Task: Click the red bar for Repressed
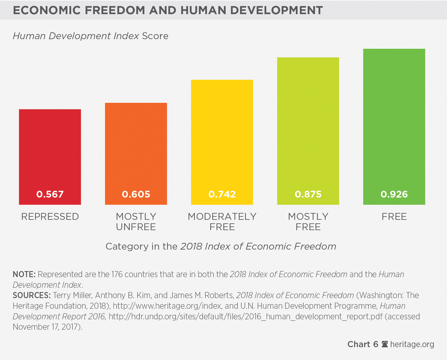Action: click(50, 157)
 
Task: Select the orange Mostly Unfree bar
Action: click(136, 154)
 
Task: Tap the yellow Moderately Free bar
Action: click(222, 142)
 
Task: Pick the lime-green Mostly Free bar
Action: click(308, 131)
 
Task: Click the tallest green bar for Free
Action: click(394, 127)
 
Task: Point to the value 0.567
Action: click(50, 194)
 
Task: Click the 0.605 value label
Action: click(136, 194)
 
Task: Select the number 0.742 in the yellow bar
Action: click(222, 194)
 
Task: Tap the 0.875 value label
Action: click(308, 194)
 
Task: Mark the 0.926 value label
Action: click(394, 194)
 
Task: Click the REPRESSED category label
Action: click(50, 217)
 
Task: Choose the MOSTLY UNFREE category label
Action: click(136, 222)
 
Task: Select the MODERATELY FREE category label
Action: click(222, 222)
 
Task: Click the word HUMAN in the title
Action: click(203, 10)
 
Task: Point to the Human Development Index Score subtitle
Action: click(91, 36)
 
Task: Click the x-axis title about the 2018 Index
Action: click(221, 246)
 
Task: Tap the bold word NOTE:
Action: click(24, 274)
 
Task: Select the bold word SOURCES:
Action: click(32, 296)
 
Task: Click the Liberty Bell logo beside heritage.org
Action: click(384, 344)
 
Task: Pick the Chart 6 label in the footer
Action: click(363, 344)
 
